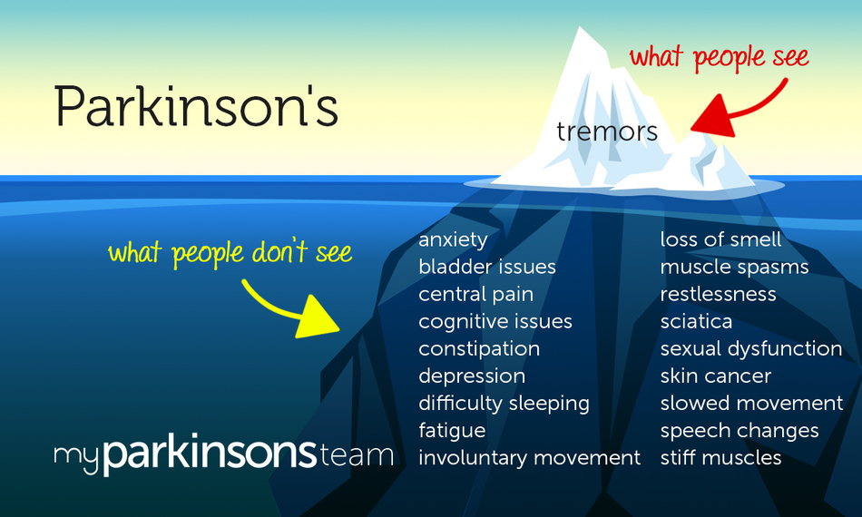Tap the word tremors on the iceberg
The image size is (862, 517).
607,132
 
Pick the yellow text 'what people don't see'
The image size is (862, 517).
230,252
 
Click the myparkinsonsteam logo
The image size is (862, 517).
223,454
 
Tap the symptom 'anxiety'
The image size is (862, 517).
453,240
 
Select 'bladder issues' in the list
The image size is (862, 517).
487,268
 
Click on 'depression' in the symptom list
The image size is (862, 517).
472,376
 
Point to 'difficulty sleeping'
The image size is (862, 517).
504,404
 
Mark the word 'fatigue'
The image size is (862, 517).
452,431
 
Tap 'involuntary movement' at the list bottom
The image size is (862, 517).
529,458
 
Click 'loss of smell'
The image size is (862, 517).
720,240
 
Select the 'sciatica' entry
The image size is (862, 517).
696,322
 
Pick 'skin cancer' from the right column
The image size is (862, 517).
715,376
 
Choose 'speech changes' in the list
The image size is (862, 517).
740,431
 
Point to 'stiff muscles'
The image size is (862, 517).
720,458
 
